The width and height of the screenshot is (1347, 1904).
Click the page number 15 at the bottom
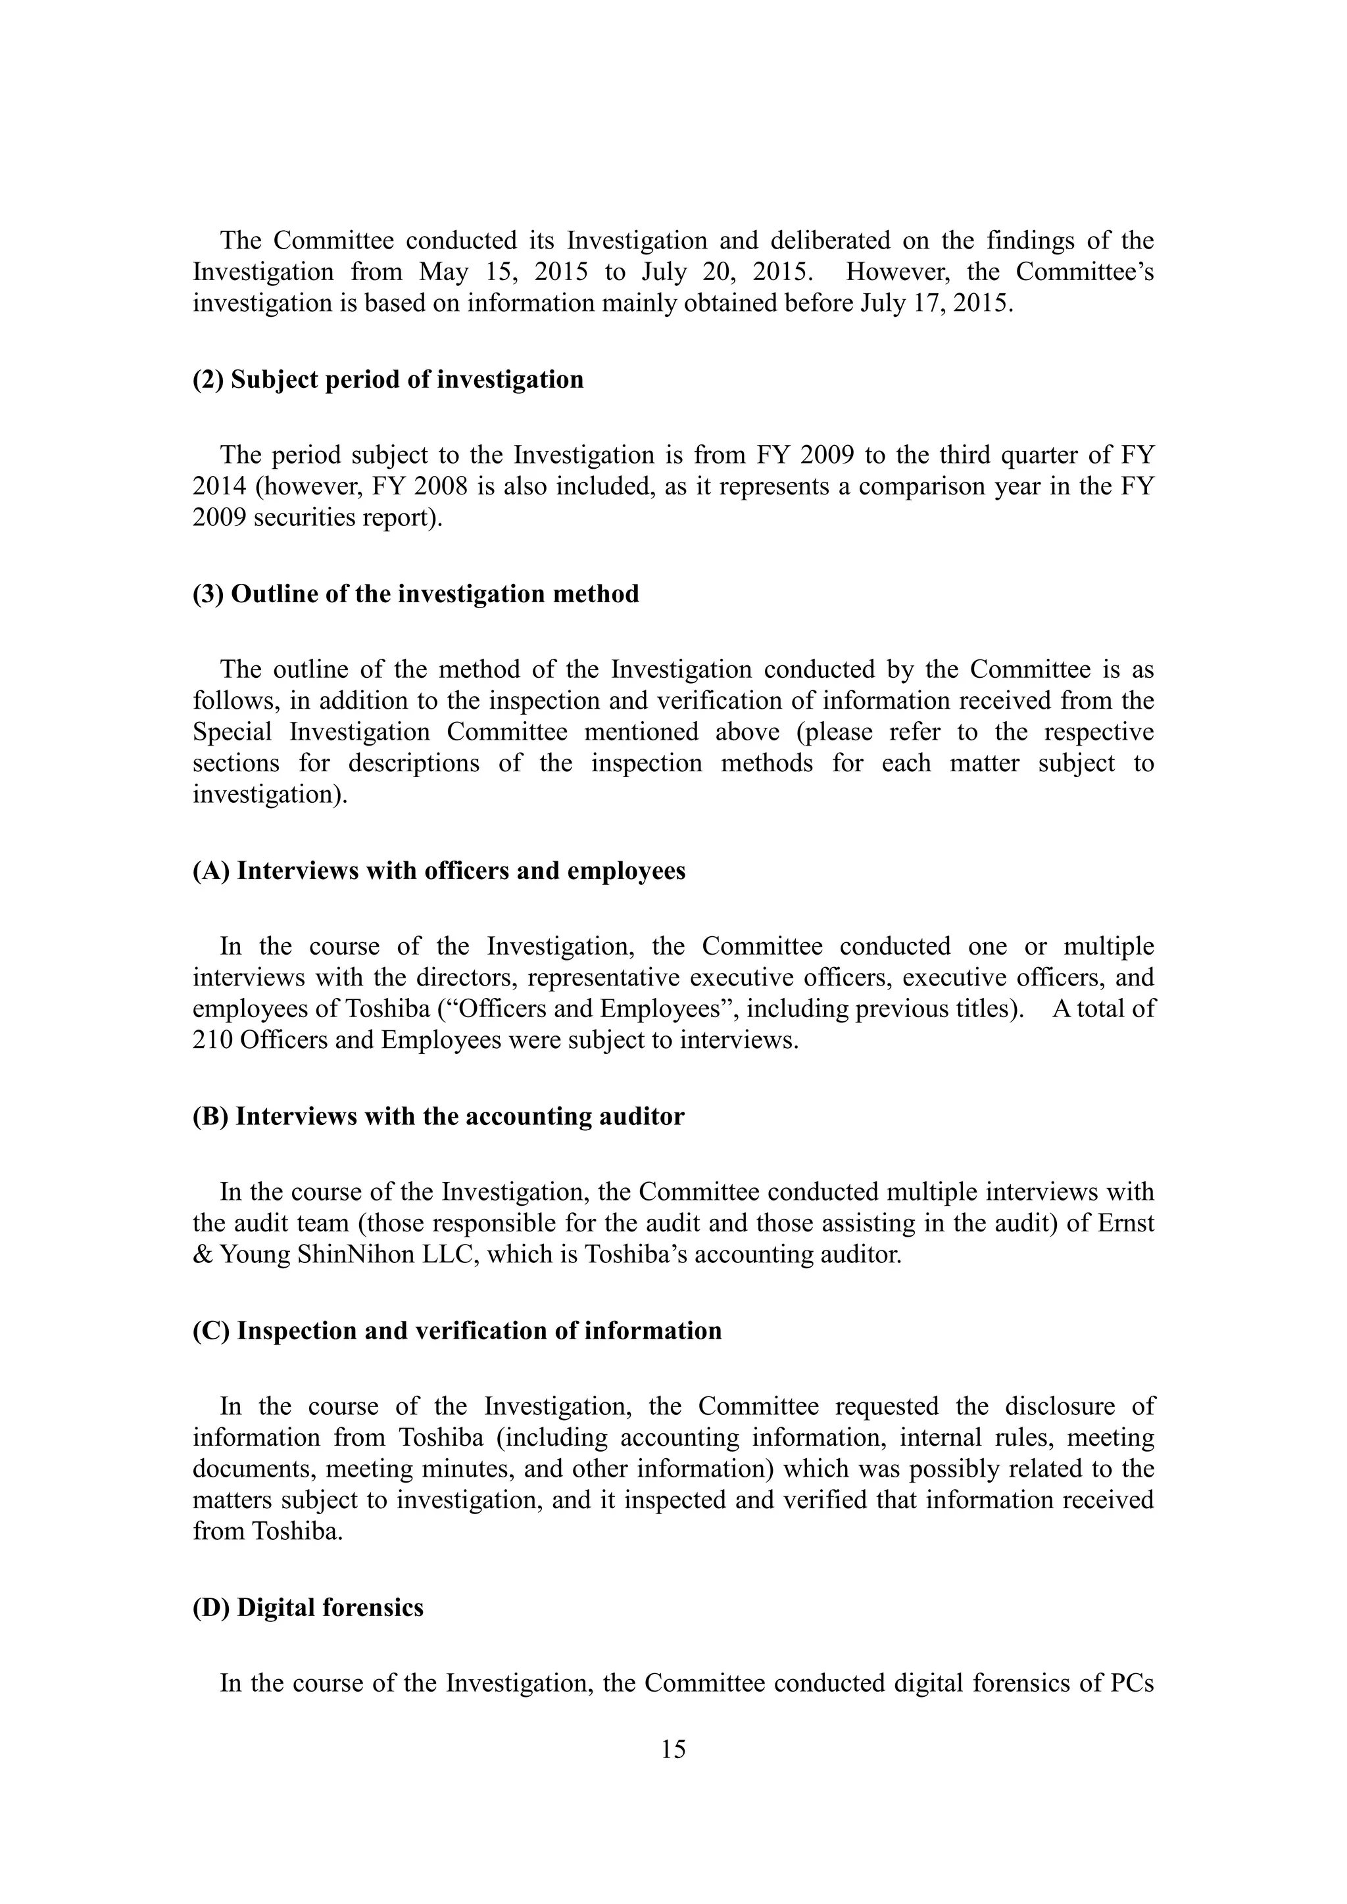(x=673, y=1749)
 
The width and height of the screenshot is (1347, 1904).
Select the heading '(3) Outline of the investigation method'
(x=416, y=594)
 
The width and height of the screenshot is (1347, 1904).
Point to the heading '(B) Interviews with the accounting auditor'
(x=438, y=1116)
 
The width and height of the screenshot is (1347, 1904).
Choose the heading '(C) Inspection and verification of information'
(x=457, y=1330)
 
